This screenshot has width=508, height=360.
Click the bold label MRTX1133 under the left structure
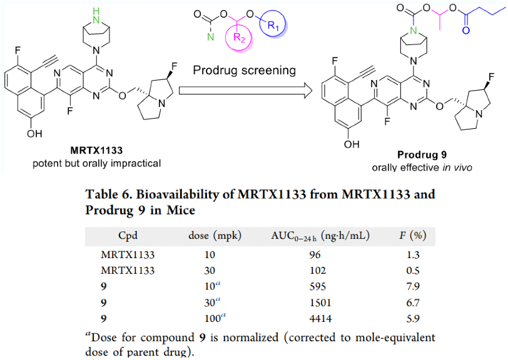(96, 151)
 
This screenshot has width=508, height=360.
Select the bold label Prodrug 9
(422, 155)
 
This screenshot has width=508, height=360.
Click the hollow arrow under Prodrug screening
(245, 91)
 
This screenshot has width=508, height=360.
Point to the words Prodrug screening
(244, 70)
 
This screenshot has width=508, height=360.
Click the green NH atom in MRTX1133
(96, 16)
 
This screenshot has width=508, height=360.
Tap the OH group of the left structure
(34, 133)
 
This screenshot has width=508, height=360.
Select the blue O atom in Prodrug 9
(465, 31)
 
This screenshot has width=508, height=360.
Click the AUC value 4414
(320, 318)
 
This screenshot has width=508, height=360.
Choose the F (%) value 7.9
(413, 286)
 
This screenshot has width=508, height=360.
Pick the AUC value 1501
(320, 302)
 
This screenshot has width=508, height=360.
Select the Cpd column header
(128, 236)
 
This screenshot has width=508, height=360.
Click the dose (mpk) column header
(215, 236)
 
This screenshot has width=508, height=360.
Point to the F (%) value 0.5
(413, 271)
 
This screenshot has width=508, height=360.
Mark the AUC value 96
(315, 254)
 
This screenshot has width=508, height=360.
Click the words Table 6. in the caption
(108, 194)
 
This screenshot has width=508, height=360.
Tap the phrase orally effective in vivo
(422, 167)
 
